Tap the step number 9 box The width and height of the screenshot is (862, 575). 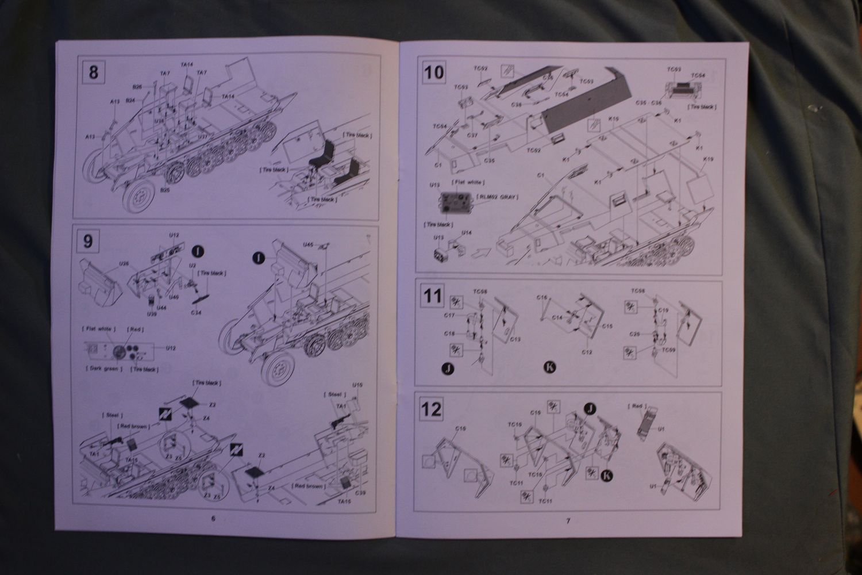point(88,241)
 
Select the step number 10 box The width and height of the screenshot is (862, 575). point(434,72)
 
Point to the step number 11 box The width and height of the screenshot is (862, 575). point(433,296)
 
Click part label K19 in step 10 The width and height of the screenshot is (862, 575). point(707,159)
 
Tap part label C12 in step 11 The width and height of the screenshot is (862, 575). point(586,352)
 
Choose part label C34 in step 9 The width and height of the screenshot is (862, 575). point(197,312)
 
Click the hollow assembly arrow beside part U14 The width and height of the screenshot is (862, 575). point(479,252)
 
